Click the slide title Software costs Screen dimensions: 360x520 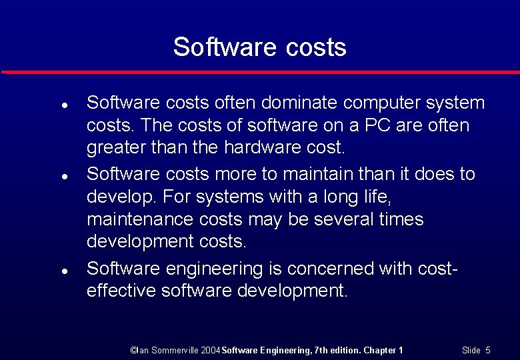(x=259, y=47)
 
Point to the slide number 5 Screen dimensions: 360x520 (x=488, y=350)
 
